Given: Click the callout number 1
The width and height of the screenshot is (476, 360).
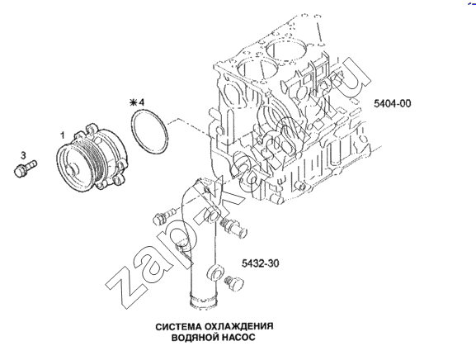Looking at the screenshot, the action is [63, 135].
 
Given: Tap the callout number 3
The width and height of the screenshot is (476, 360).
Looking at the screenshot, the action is [23, 155].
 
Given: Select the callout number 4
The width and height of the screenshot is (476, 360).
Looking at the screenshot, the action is [141, 102].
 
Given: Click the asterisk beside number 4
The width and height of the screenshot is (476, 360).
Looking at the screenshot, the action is [134, 102].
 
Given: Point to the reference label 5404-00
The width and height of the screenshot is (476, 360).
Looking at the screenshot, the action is [392, 103].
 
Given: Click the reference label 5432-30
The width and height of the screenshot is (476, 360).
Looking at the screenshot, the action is [260, 263].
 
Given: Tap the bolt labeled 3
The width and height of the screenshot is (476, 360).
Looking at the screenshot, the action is [25, 168].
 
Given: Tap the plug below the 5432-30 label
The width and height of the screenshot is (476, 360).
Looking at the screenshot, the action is [234, 283].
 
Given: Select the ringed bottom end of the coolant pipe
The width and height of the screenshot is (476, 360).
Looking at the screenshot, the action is [203, 301].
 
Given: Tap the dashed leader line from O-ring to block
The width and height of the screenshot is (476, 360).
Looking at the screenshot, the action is [189, 128].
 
